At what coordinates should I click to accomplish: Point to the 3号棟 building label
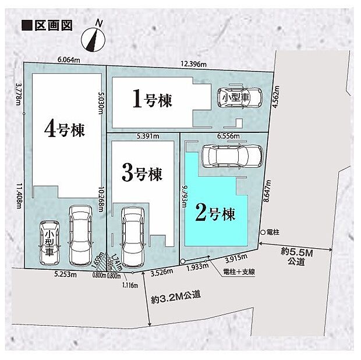tap(141, 172)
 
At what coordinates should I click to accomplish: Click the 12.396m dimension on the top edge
tap(193, 64)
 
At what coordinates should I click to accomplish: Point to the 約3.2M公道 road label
tap(175, 296)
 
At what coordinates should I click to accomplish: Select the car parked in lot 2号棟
tap(231, 156)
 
